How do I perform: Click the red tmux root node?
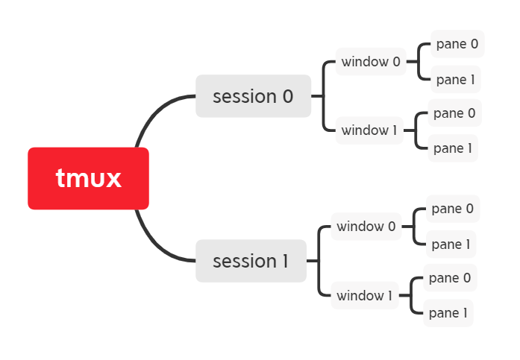click(x=88, y=178)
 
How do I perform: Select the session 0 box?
click(x=253, y=96)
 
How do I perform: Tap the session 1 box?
click(x=251, y=261)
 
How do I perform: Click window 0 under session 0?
click(x=371, y=62)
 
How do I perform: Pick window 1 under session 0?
click(x=369, y=130)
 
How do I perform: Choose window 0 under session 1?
click(x=366, y=226)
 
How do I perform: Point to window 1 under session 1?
click(x=364, y=295)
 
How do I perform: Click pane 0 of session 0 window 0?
click(x=457, y=44)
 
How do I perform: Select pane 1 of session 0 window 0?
click(x=456, y=79)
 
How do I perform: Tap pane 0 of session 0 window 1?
click(x=454, y=113)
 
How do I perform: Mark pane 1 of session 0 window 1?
click(x=453, y=148)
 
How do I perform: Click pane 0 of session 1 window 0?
click(x=452, y=209)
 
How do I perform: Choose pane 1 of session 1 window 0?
click(x=451, y=244)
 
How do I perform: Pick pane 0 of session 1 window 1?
click(x=450, y=278)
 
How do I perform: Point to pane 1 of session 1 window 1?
click(x=448, y=313)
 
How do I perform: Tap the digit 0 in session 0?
click(x=287, y=96)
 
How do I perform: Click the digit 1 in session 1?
click(x=284, y=261)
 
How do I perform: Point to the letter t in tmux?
click(x=60, y=179)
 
